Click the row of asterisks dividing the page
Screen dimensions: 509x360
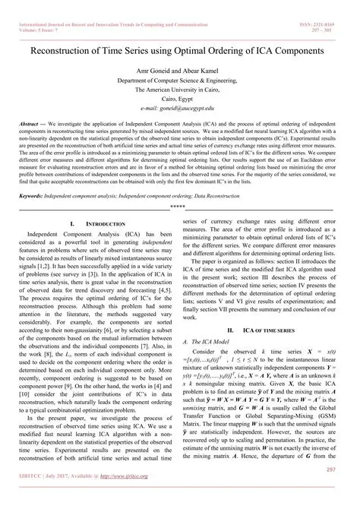179,206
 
